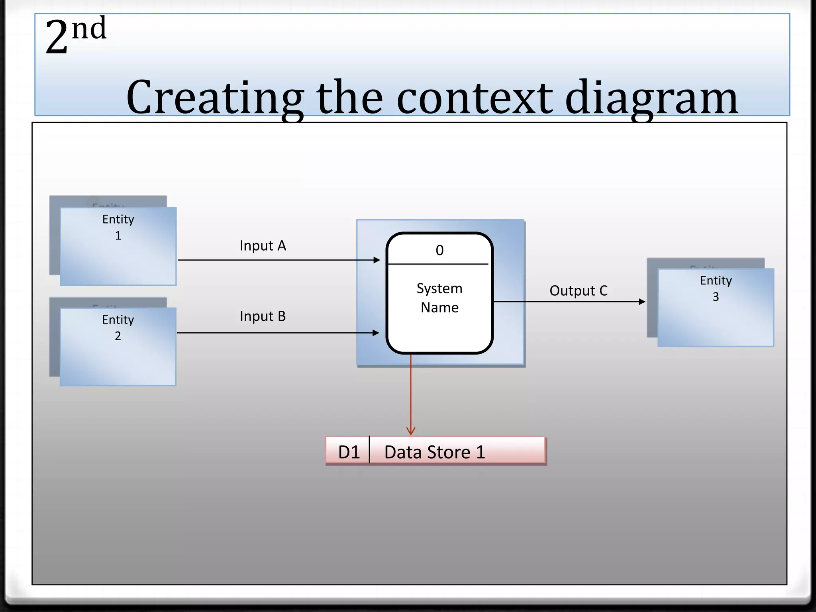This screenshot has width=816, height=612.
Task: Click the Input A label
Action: pyautogui.click(x=263, y=246)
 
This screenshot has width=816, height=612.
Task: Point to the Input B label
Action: pyautogui.click(x=263, y=316)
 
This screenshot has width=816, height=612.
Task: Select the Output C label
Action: pyautogui.click(x=579, y=291)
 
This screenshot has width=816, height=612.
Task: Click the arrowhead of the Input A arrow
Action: pyautogui.click(x=377, y=260)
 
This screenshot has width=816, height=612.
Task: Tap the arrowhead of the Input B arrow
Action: pyautogui.click(x=376, y=333)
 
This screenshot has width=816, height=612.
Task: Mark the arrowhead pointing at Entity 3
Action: pyautogui.click(x=641, y=302)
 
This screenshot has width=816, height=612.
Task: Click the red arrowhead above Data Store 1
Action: pyautogui.click(x=411, y=432)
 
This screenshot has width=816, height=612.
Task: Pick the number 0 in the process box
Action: pyautogui.click(x=439, y=250)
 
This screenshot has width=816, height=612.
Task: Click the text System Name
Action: pyautogui.click(x=439, y=298)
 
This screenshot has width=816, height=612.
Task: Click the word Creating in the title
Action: pyautogui.click(x=214, y=98)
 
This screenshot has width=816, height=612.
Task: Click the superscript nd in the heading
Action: pyautogui.click(x=89, y=29)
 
